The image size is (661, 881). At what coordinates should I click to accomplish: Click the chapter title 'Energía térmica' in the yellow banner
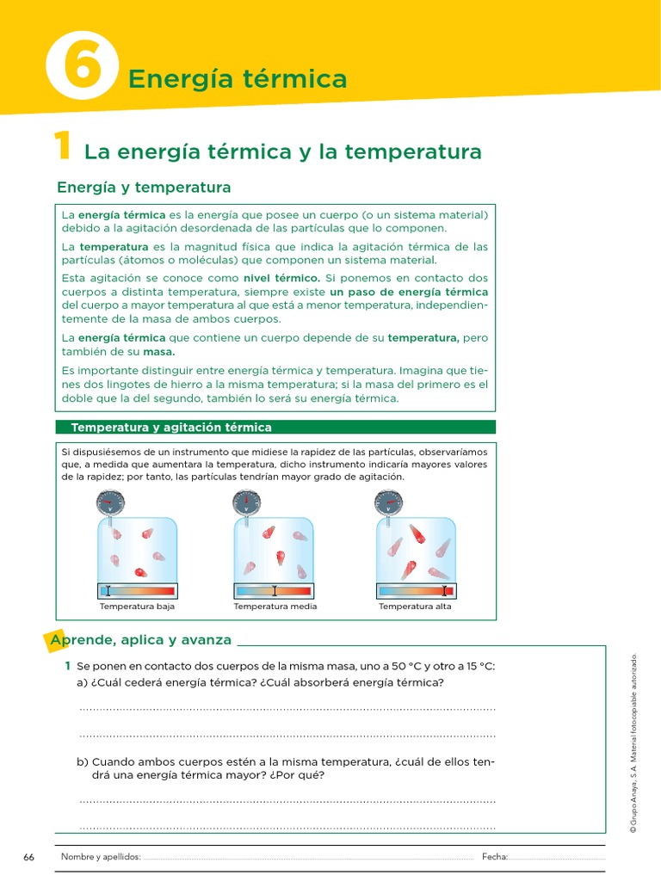(237, 80)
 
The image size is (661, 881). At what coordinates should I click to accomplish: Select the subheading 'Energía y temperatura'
(144, 187)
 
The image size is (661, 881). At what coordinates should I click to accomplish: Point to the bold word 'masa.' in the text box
(158, 351)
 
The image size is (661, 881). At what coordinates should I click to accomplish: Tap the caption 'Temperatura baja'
(137, 607)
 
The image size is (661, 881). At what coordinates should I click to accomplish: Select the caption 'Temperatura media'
(275, 607)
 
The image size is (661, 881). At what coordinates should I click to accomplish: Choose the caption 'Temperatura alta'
(415, 607)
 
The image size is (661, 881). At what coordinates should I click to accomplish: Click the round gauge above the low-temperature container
(110, 501)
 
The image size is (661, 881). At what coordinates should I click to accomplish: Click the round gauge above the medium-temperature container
(246, 501)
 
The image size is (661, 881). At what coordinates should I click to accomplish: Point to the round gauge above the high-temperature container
(388, 501)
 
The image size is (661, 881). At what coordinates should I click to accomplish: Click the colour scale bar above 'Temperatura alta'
(416, 590)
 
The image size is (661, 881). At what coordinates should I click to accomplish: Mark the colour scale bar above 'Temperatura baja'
(137, 590)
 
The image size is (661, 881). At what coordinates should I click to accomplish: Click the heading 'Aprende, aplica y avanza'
(141, 640)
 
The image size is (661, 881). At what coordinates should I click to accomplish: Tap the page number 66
(29, 857)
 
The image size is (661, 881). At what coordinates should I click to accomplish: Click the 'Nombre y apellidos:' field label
(101, 857)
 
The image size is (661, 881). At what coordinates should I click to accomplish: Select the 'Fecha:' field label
(495, 857)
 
